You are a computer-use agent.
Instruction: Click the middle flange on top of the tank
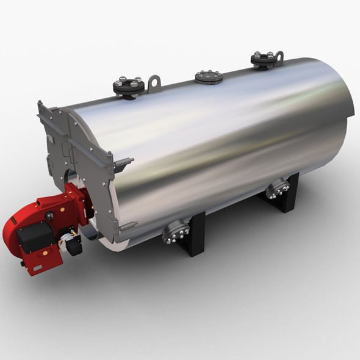(209, 77)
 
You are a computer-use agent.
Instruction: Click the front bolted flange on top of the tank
(129, 87)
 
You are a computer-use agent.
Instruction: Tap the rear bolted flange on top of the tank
(264, 60)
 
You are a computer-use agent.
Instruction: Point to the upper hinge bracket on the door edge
(124, 163)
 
